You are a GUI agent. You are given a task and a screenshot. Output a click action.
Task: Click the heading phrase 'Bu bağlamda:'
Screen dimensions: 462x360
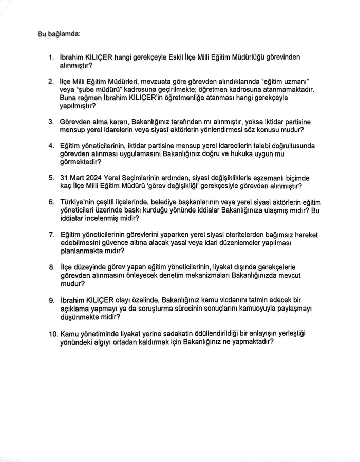pos(59,34)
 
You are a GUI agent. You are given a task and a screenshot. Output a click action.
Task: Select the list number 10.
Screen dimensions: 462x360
pos(53,334)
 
